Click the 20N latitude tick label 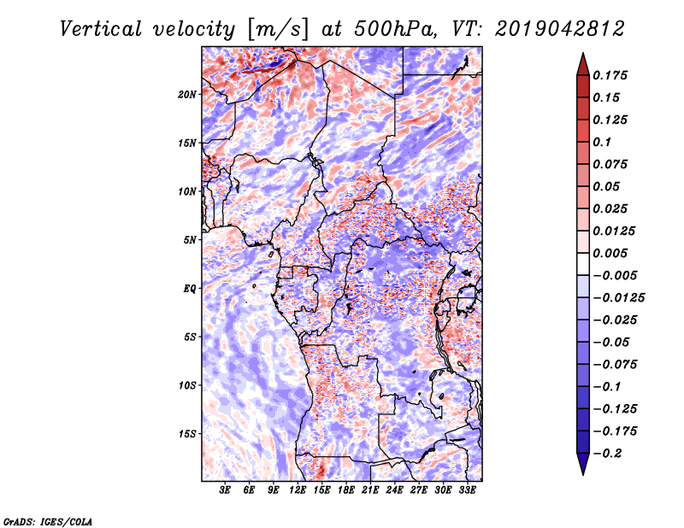(187, 94)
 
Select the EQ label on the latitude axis (190, 288)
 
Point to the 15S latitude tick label (187, 434)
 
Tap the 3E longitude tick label (225, 490)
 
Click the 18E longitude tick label (346, 490)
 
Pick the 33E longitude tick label (467, 490)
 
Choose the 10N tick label (187, 191)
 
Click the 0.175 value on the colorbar (610, 75)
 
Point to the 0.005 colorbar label (610, 253)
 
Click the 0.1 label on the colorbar (602, 142)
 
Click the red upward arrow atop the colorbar (583, 64)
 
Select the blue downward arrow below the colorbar (583, 464)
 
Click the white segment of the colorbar (583, 264)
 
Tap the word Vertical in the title (101, 29)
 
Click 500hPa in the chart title (394, 29)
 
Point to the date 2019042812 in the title (560, 29)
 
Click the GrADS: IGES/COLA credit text (48, 521)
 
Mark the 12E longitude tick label (298, 490)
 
